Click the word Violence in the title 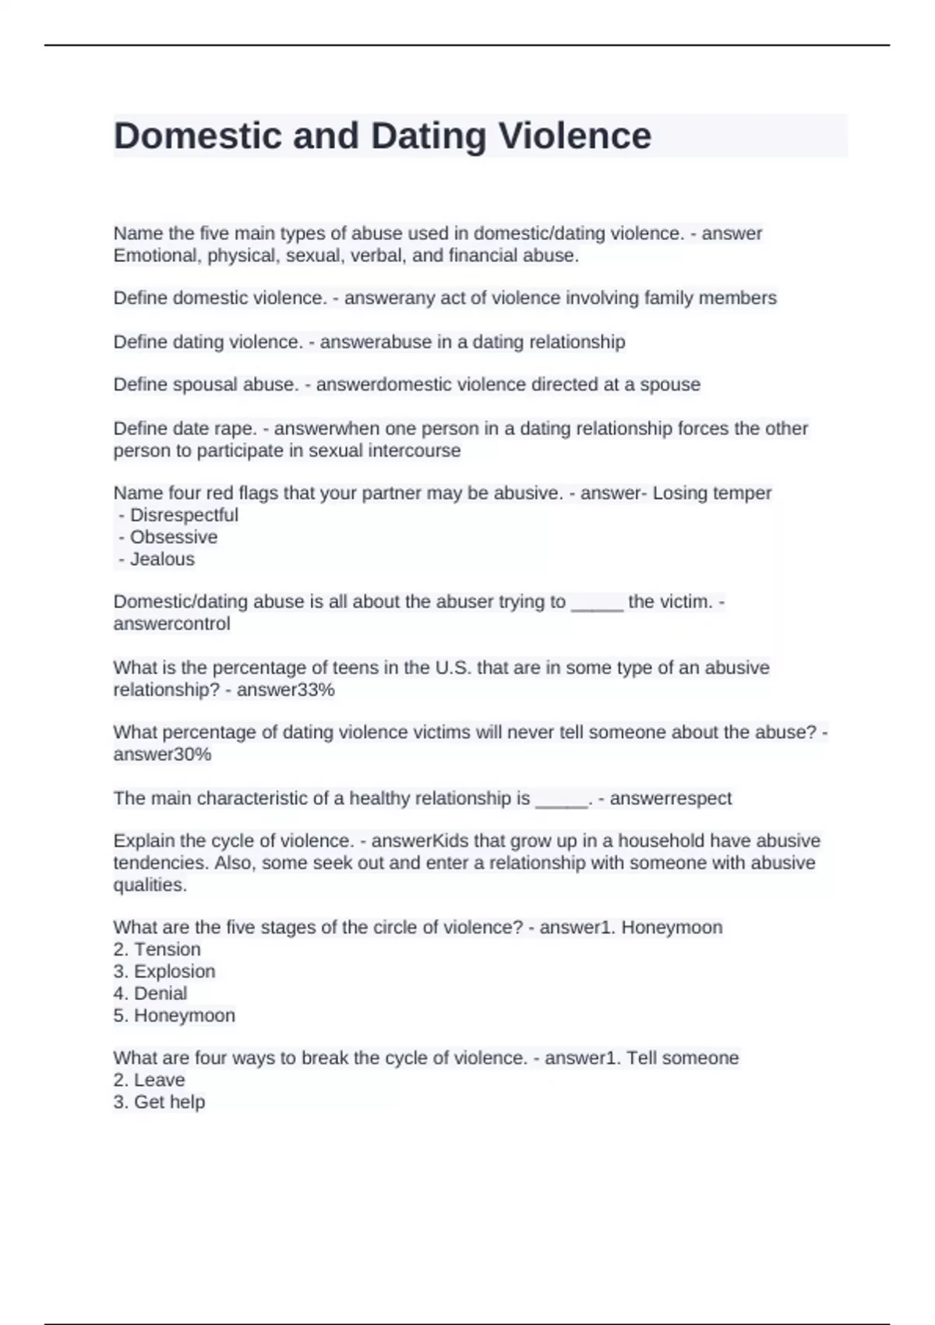point(574,136)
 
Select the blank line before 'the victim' point(597,603)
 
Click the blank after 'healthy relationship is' point(561,800)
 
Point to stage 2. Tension point(157,949)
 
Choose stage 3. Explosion point(164,971)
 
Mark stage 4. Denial point(150,993)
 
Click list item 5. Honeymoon point(175,1016)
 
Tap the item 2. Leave point(150,1080)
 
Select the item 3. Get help point(160,1102)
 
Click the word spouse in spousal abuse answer point(670,385)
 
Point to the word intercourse point(414,450)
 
